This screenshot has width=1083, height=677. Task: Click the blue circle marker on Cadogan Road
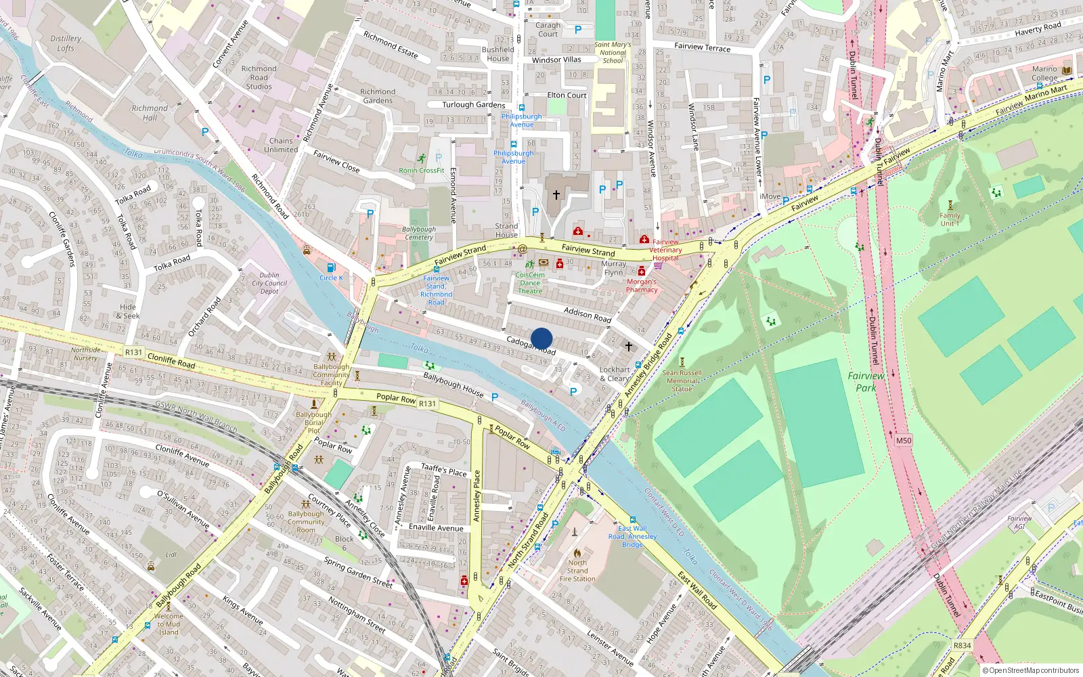click(541, 338)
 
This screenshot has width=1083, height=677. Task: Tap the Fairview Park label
click(866, 382)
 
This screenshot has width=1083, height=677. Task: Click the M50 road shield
click(904, 440)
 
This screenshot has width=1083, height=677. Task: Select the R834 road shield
click(962, 645)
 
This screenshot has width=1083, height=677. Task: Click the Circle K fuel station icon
click(331, 268)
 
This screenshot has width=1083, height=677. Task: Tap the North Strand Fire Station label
click(577, 571)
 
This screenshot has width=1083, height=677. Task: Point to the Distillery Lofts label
click(66, 43)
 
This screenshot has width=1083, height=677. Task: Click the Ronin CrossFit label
click(422, 171)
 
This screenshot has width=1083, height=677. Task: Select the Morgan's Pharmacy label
click(642, 286)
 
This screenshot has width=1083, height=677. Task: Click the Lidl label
click(171, 554)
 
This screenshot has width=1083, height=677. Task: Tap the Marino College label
click(1044, 73)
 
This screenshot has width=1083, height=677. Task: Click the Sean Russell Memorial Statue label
click(682, 380)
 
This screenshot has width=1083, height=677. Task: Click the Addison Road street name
click(588, 314)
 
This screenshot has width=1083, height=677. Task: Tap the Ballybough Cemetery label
click(419, 233)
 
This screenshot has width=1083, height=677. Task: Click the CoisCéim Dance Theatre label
click(530, 283)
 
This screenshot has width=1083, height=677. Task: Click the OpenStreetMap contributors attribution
click(1034, 670)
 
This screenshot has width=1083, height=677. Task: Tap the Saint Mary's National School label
click(613, 52)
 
